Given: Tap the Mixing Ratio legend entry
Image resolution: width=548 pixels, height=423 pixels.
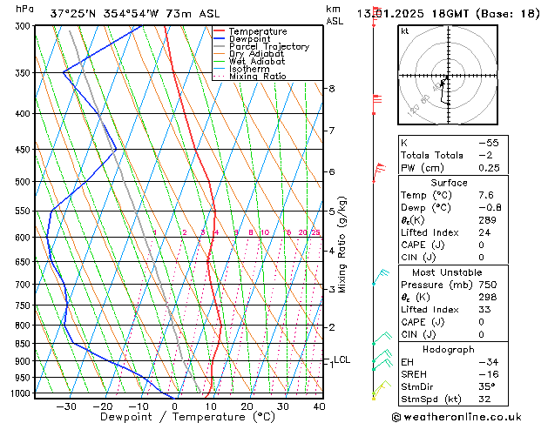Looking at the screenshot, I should point(258,77).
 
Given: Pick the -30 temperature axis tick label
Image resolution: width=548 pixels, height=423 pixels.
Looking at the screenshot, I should point(66,406).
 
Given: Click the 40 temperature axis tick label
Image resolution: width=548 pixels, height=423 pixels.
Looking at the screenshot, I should point(319,406).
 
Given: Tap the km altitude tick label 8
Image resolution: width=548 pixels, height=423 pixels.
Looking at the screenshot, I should point(331,89).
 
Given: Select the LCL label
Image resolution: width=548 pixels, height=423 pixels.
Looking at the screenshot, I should point(342,359).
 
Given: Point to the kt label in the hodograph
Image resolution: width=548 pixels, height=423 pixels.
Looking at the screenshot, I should point(405,30).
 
